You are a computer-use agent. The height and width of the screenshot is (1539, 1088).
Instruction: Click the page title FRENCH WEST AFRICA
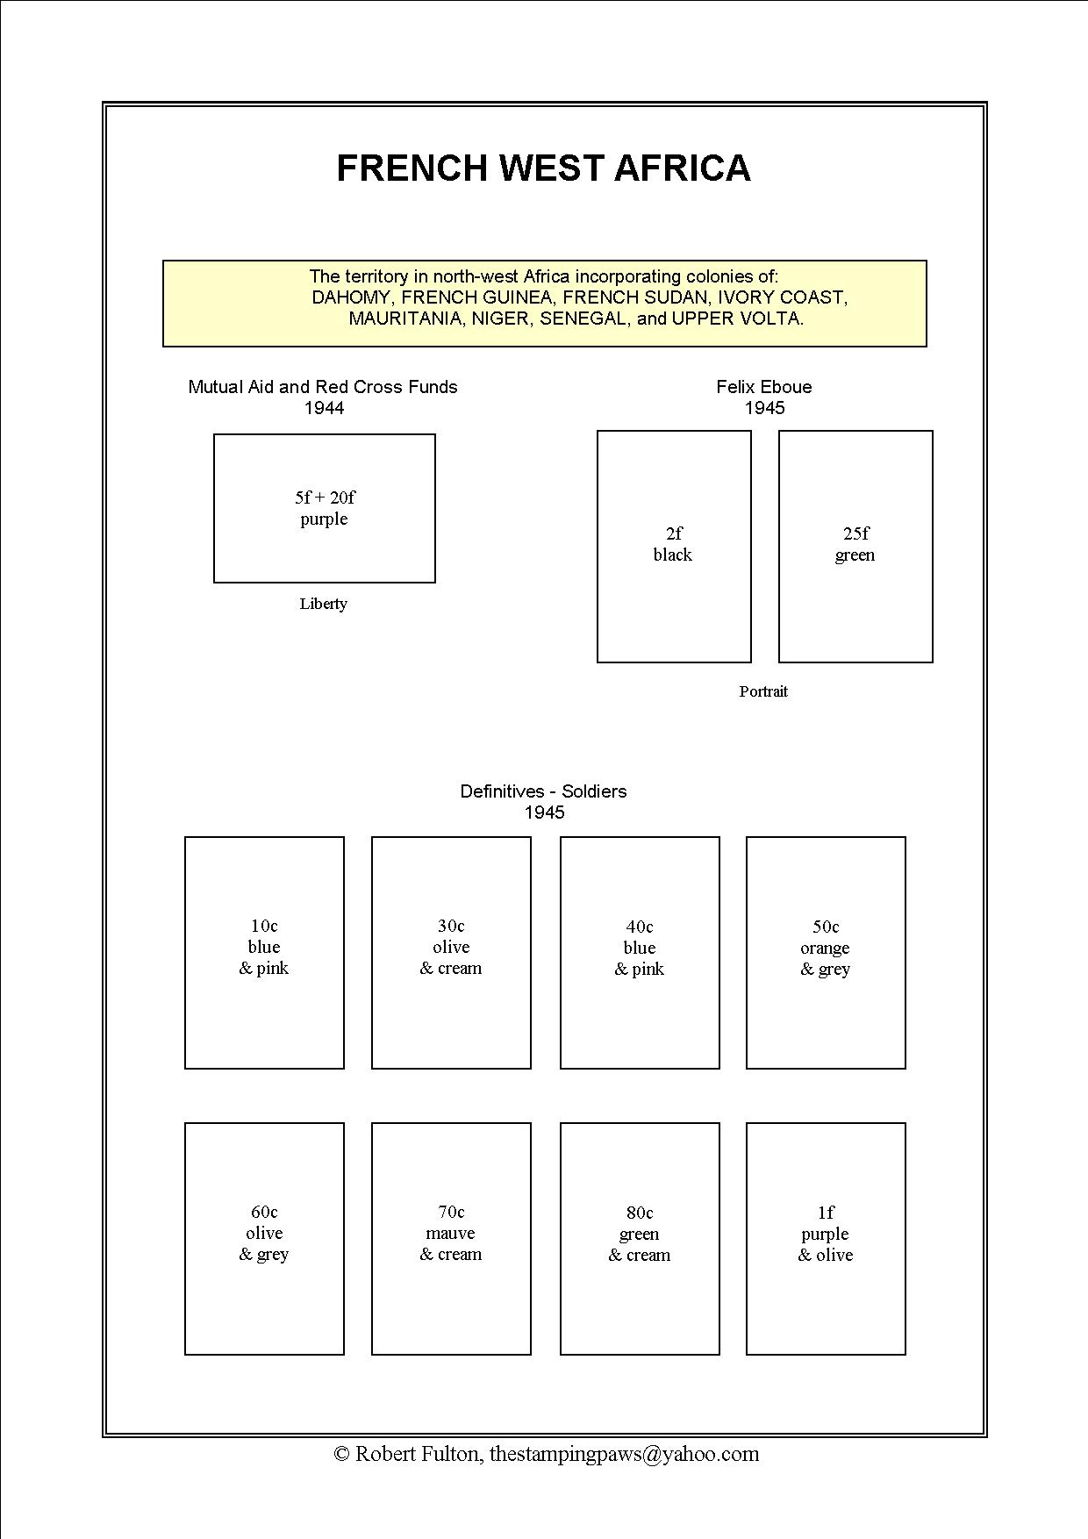pyautogui.click(x=543, y=168)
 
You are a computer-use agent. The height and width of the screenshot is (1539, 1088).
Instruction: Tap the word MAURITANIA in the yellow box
pyautogui.click(x=404, y=319)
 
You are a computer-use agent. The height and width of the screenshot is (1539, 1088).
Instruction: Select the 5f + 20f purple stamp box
pyautogui.click(x=325, y=508)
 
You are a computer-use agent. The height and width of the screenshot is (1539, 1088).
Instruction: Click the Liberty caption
pyautogui.click(x=323, y=604)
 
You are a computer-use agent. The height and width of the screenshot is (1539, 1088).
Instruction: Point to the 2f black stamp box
pyautogui.click(x=674, y=546)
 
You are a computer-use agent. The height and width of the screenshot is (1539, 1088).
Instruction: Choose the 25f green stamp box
pyautogui.click(x=855, y=546)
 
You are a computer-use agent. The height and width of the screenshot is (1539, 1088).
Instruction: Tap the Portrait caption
pyautogui.click(x=763, y=691)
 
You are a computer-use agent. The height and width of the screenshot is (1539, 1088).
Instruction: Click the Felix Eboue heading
pyautogui.click(x=763, y=387)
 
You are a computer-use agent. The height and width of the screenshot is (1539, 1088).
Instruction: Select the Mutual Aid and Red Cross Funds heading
pyautogui.click(x=323, y=387)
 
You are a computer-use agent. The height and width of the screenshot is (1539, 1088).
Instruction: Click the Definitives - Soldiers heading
pyautogui.click(x=543, y=791)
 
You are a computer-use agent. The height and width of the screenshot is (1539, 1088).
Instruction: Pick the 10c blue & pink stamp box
pyautogui.click(x=264, y=952)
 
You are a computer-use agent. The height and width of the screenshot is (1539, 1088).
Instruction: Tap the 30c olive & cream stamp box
pyautogui.click(x=451, y=952)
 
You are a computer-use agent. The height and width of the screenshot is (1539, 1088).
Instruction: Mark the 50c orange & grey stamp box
pyautogui.click(x=826, y=952)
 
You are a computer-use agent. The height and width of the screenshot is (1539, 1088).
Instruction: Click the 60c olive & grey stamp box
pyautogui.click(x=264, y=1238)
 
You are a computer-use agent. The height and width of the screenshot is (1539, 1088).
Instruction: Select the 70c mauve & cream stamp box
pyautogui.click(x=451, y=1238)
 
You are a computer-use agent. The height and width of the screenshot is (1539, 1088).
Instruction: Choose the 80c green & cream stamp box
pyautogui.click(x=640, y=1238)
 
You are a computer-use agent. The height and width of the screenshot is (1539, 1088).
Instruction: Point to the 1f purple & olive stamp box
pyautogui.click(x=826, y=1238)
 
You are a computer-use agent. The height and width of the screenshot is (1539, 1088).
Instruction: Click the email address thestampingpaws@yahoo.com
pyautogui.click(x=624, y=1454)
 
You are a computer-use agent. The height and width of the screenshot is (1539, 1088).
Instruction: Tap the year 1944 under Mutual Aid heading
pyautogui.click(x=324, y=408)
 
